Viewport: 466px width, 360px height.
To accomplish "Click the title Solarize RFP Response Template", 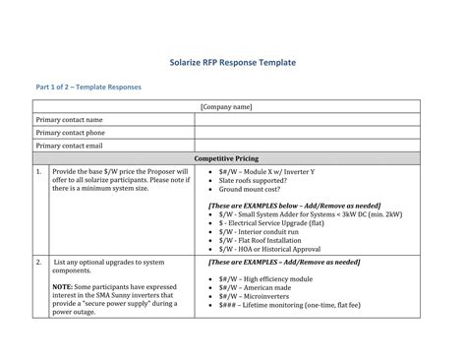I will pos(233,63).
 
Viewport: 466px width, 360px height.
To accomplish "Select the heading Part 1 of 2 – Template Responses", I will pos(88,88).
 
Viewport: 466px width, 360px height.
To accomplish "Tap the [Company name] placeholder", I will pos(226,107).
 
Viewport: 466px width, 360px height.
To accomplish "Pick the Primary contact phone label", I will pos(70,133).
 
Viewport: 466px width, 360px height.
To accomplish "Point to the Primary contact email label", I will pos(69,146).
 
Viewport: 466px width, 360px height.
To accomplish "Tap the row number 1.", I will pos(38,171).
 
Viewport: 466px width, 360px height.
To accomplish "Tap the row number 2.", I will pos(38,263).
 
